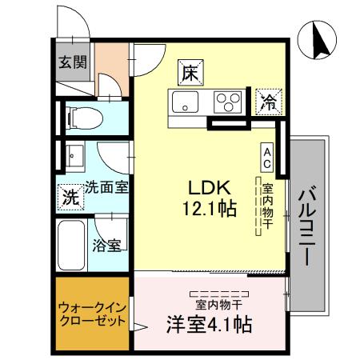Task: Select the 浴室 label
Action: (x=107, y=245)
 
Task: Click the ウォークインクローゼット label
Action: (x=91, y=314)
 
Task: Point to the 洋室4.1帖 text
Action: (x=210, y=324)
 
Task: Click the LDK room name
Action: (x=210, y=187)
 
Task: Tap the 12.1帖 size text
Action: (x=210, y=209)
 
